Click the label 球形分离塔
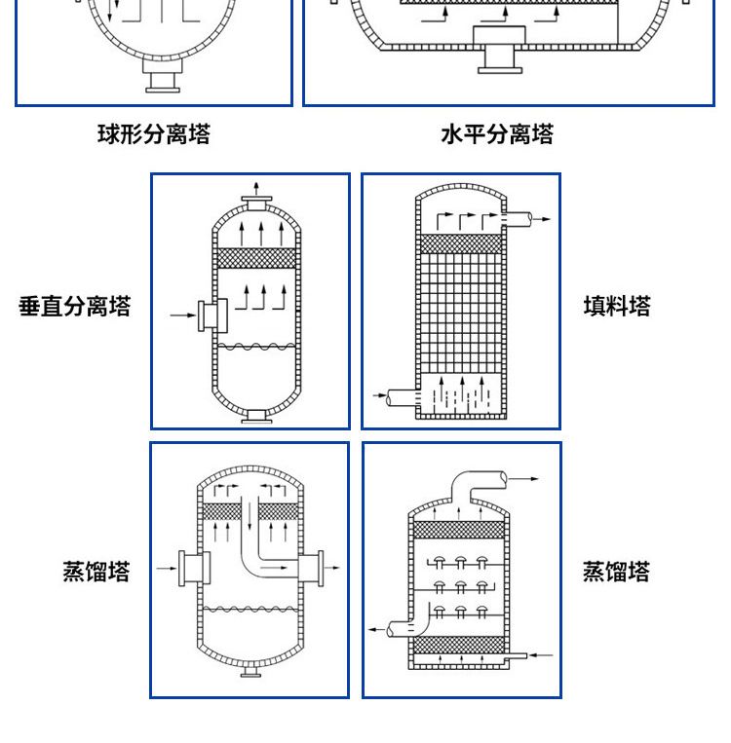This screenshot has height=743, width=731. (153, 133)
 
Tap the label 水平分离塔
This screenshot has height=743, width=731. (497, 133)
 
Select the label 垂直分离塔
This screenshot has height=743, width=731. (75, 307)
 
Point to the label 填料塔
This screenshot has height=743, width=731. (617, 307)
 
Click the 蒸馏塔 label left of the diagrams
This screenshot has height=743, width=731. (96, 571)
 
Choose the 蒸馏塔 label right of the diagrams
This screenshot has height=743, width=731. (616, 571)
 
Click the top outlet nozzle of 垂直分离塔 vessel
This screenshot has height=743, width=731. (257, 203)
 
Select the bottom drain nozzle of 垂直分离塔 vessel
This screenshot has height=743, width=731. (257, 416)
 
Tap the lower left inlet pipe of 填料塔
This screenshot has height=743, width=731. (402, 397)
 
